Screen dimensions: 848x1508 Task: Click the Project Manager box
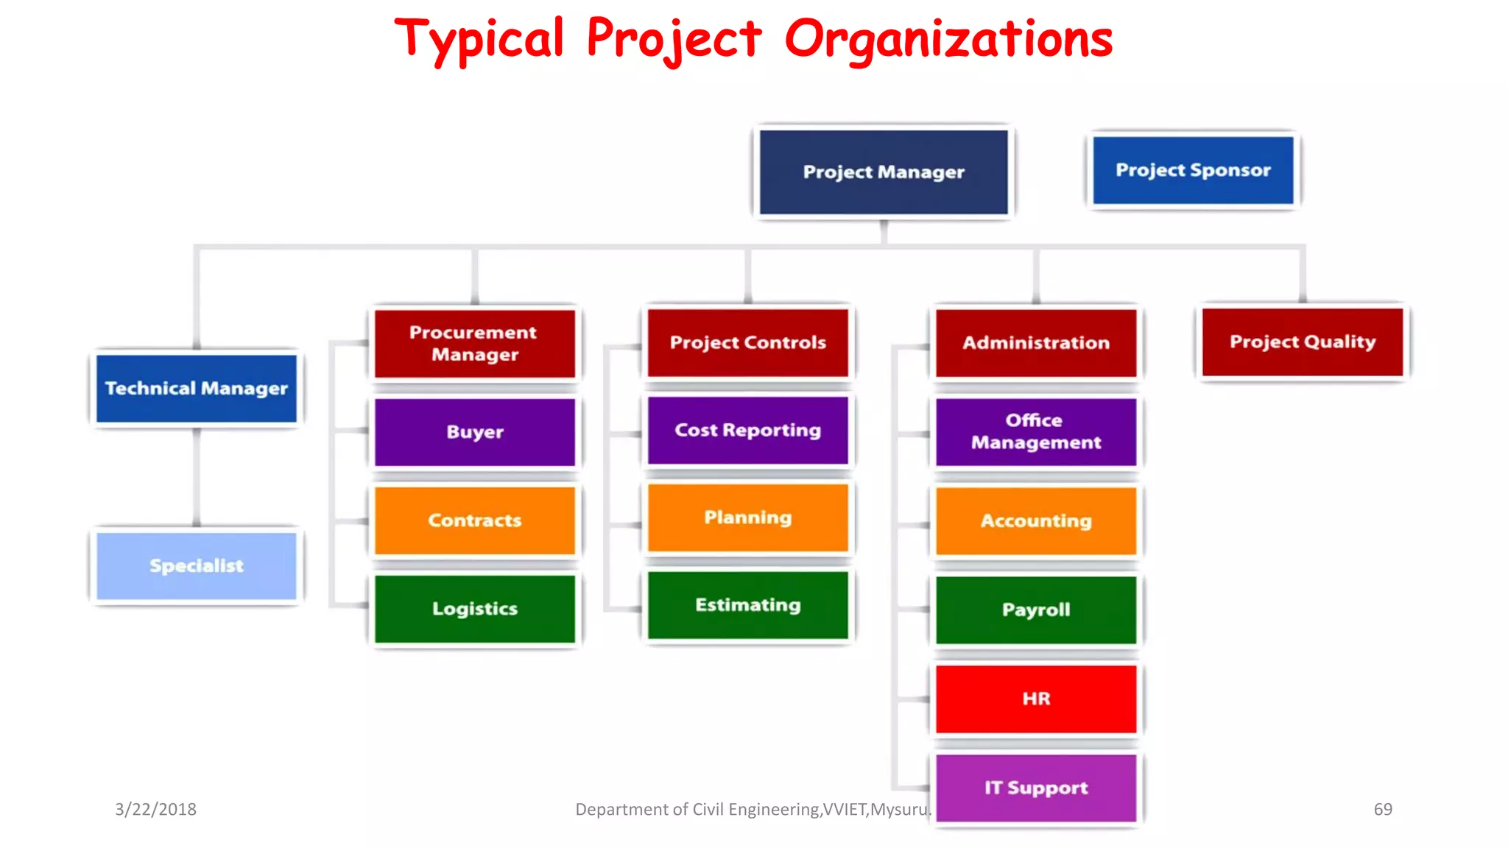click(884, 172)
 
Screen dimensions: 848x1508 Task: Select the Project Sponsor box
click(1193, 170)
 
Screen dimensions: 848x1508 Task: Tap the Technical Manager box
click(197, 389)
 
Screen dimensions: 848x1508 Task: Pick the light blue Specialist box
click(197, 566)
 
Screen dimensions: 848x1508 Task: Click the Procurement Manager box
click(475, 344)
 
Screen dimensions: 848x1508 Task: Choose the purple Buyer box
click(475, 432)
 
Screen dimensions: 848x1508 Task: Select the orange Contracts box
click(475, 520)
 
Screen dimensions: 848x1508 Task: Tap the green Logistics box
click(475, 609)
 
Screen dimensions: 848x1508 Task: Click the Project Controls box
click(748, 343)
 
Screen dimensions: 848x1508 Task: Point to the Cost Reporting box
click(748, 431)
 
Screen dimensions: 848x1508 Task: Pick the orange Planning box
click(748, 517)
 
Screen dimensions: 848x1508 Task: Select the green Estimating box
click(748, 605)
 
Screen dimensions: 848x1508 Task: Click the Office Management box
click(1036, 432)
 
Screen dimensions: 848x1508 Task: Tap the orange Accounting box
click(1036, 521)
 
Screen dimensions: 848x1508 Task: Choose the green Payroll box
click(1036, 610)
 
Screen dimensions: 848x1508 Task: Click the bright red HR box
click(1036, 699)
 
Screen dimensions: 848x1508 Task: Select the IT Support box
click(1036, 788)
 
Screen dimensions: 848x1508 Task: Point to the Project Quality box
click(1303, 342)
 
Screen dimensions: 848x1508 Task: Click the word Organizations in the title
click(948, 40)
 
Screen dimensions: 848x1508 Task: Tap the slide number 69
click(1383, 810)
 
